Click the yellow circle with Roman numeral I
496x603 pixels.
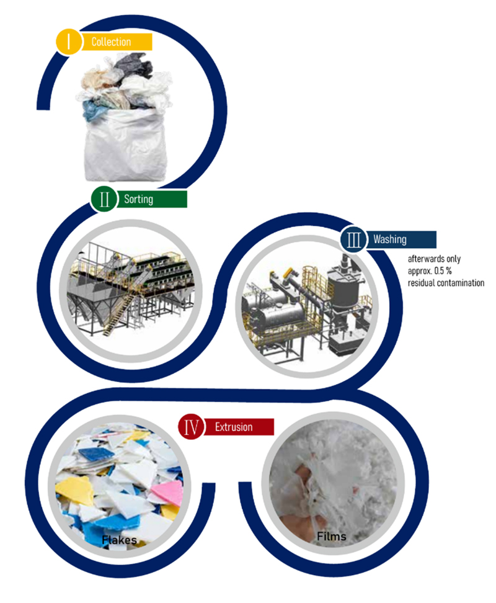[69, 41]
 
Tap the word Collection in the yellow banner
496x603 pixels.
[111, 42]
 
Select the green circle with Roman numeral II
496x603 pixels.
[104, 199]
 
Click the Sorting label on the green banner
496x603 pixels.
[138, 199]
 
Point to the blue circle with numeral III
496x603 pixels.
[353, 239]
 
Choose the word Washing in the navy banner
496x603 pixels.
[389, 239]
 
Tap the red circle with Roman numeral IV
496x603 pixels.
[191, 426]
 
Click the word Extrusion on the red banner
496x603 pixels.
[234, 427]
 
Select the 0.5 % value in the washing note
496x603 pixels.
[443, 270]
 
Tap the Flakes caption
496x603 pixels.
[119, 540]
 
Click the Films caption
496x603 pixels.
[332, 536]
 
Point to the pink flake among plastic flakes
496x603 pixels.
[168, 492]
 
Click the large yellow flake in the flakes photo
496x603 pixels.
[75, 489]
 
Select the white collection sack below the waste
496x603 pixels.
[125, 145]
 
